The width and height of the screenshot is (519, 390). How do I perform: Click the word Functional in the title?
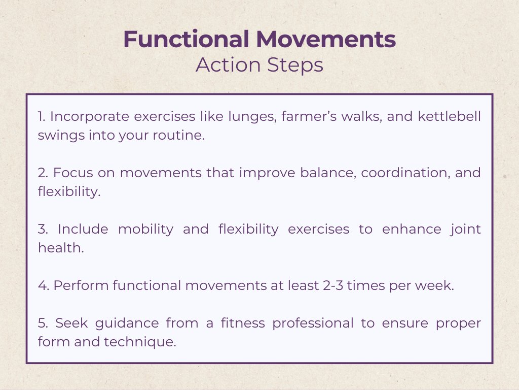(x=186, y=39)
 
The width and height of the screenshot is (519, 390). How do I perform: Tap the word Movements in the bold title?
(x=326, y=39)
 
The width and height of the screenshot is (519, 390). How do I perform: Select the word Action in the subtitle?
(x=228, y=64)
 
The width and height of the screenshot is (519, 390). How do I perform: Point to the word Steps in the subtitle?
(x=295, y=66)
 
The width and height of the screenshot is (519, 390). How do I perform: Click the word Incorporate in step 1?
(x=89, y=117)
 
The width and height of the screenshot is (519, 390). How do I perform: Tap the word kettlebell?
(x=449, y=116)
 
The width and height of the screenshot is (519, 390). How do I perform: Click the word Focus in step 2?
(x=73, y=173)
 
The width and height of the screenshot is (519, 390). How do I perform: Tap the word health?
(x=61, y=248)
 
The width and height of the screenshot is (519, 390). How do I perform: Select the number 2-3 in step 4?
(x=333, y=285)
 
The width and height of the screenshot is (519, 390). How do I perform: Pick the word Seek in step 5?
(x=71, y=323)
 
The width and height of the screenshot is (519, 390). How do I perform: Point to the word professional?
(x=313, y=323)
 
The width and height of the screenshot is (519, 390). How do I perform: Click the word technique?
(x=140, y=342)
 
